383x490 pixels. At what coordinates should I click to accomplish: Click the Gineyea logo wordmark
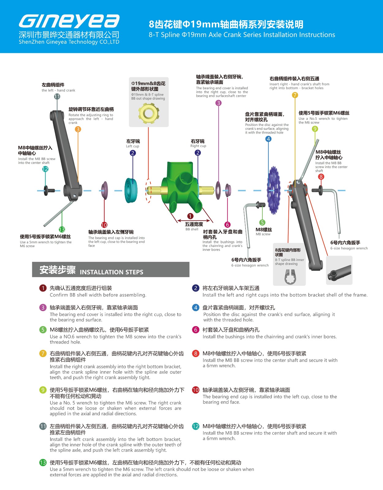[x=69, y=21]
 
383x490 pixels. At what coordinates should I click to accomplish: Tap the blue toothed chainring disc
[x=274, y=190]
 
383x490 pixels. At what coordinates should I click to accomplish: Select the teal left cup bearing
[x=131, y=190]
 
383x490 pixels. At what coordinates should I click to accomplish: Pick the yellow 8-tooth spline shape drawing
[x=148, y=113]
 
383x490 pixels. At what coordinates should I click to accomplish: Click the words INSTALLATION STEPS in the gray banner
[x=111, y=272]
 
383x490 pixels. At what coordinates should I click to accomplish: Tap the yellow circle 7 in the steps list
[x=43, y=353]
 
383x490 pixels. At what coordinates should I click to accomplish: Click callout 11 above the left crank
[x=57, y=96]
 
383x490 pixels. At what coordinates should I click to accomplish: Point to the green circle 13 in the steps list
[x=43, y=463]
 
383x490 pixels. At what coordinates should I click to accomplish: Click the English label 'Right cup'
[x=198, y=146]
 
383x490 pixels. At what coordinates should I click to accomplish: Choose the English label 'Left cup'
[x=133, y=146]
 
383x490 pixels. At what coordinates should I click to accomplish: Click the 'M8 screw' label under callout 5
[x=263, y=234]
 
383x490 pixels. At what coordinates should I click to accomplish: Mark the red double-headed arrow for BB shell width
[x=193, y=221]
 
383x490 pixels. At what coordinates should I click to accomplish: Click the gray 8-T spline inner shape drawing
[x=290, y=277]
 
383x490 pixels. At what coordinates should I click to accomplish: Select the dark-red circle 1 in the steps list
[x=43, y=288]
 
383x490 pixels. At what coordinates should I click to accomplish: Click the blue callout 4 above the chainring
[x=268, y=139]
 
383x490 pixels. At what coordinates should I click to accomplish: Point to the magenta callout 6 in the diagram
[x=227, y=224]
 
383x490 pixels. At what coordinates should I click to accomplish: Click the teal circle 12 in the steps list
[x=195, y=426]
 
